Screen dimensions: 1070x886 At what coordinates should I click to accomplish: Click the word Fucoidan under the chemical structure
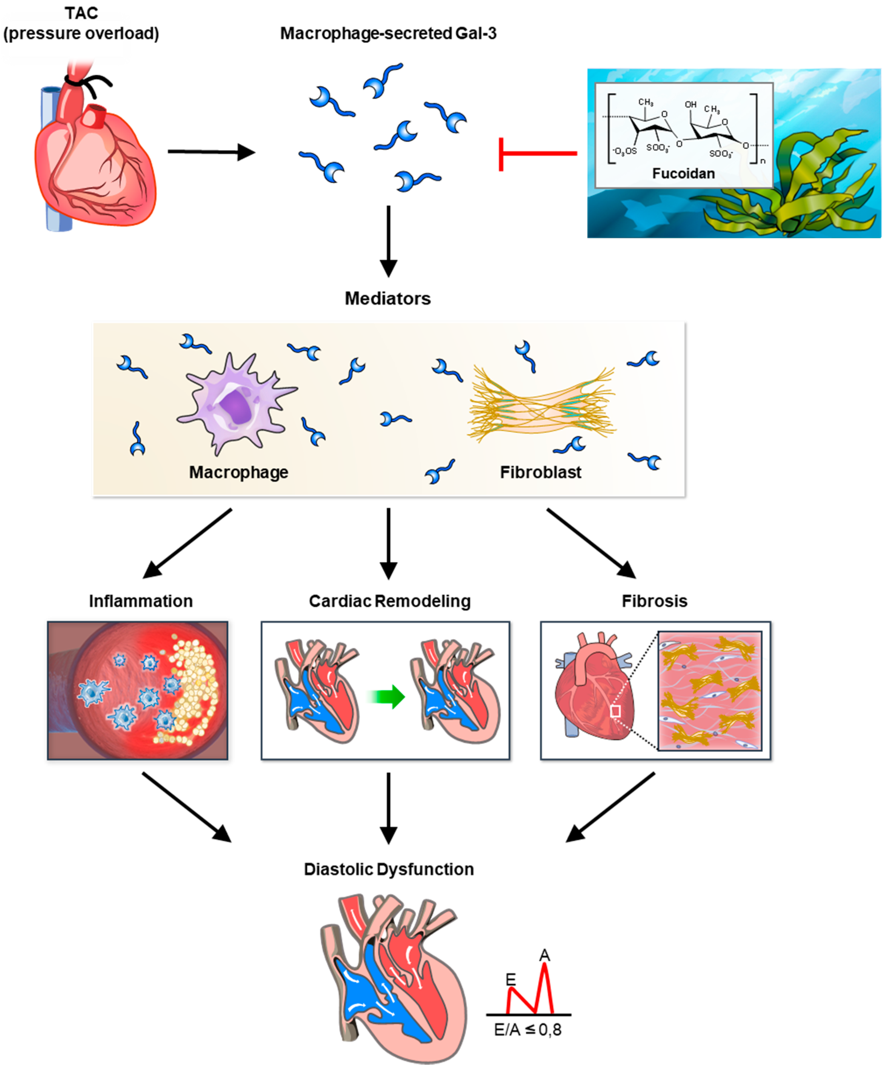683,174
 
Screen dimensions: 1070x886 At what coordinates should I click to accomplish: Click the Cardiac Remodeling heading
389,601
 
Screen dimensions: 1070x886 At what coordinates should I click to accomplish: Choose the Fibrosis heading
654,601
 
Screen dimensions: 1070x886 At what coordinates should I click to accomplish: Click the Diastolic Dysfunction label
388,869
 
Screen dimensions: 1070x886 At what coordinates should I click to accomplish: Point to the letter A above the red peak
544,955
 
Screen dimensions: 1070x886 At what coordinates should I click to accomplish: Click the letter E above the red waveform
510,979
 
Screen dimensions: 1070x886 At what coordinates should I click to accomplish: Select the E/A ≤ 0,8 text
527,1030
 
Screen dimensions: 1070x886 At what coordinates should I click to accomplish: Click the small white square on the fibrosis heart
615,711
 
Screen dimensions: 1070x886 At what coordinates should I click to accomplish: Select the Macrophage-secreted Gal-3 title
388,34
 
